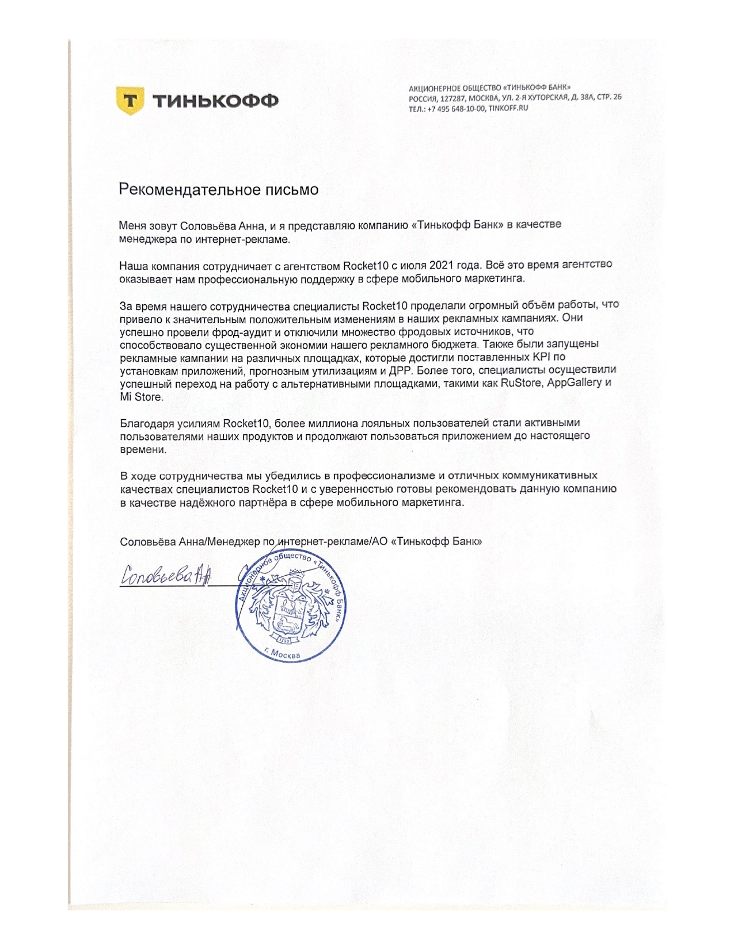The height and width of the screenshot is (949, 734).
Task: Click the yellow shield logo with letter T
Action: coord(130,101)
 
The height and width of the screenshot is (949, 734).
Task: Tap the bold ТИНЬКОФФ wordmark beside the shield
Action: coord(215,101)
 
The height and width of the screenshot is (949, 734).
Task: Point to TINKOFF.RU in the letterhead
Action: coord(508,108)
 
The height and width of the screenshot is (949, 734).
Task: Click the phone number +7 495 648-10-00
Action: coord(457,108)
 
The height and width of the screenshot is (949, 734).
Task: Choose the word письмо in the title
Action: coord(296,190)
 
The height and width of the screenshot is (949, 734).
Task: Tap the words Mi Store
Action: coord(141,397)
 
